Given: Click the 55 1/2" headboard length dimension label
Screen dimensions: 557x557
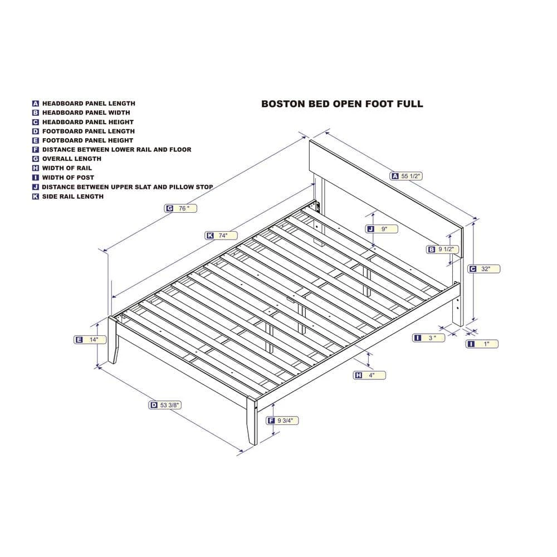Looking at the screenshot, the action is (406, 176).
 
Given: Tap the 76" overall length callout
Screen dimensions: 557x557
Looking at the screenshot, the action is (180, 208).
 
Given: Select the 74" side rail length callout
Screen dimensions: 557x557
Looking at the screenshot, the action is (221, 236).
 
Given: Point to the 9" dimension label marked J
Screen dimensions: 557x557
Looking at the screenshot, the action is (382, 229).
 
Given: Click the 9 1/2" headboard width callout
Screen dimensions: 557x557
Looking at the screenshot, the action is (443, 250).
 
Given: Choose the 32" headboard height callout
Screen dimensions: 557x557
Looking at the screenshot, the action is (484, 269).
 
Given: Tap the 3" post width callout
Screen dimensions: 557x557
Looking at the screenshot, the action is (429, 338).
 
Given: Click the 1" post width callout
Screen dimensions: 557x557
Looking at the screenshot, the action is (482, 344).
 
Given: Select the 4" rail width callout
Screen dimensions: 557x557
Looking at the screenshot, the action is (369, 375).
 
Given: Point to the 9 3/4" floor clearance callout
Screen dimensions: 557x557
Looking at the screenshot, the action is (282, 421).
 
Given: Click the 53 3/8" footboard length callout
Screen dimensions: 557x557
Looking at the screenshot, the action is (165, 405).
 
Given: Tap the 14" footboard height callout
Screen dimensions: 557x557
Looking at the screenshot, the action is (90, 340).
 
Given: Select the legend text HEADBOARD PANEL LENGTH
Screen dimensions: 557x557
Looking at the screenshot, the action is (89, 104).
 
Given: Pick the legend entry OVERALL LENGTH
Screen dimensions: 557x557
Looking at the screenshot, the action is (72, 159).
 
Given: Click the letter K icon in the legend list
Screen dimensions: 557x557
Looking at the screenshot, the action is (36, 197).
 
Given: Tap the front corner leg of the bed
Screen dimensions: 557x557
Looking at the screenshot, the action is (252, 421).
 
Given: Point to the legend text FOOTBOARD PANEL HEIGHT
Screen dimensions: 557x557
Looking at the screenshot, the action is (88, 140).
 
